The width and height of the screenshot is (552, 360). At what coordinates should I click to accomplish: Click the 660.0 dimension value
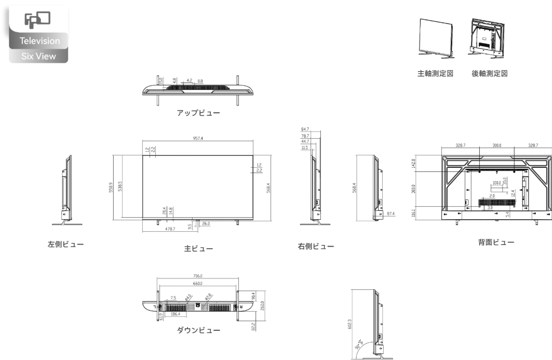click(x=197, y=284)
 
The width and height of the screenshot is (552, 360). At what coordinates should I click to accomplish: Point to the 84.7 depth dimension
click(x=305, y=129)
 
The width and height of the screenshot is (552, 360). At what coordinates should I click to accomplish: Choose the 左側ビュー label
click(x=66, y=244)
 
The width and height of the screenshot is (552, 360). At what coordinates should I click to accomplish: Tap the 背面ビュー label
click(x=495, y=243)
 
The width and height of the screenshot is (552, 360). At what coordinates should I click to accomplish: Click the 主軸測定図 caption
click(x=436, y=73)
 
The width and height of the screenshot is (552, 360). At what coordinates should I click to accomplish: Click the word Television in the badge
click(x=40, y=41)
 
